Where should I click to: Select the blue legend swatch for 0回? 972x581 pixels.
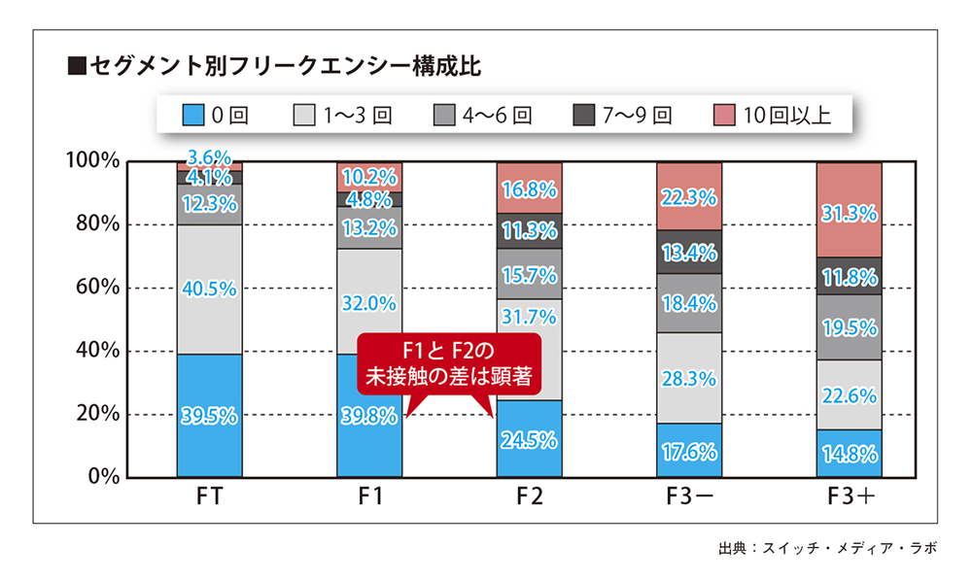tap(192, 117)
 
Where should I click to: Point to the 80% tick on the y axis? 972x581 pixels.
tap(91, 224)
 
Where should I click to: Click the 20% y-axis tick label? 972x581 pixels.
tap(91, 414)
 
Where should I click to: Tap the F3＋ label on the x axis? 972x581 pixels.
tap(849, 498)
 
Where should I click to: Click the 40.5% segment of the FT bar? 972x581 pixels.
tap(209, 289)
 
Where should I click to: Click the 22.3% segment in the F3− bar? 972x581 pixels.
tap(688, 197)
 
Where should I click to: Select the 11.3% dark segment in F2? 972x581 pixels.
tap(529, 231)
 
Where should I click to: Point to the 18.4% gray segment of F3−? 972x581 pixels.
tap(688, 303)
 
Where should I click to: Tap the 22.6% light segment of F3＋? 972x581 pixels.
tap(849, 395)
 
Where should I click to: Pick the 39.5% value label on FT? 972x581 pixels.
tap(209, 416)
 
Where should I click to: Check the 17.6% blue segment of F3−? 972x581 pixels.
tap(688, 451)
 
